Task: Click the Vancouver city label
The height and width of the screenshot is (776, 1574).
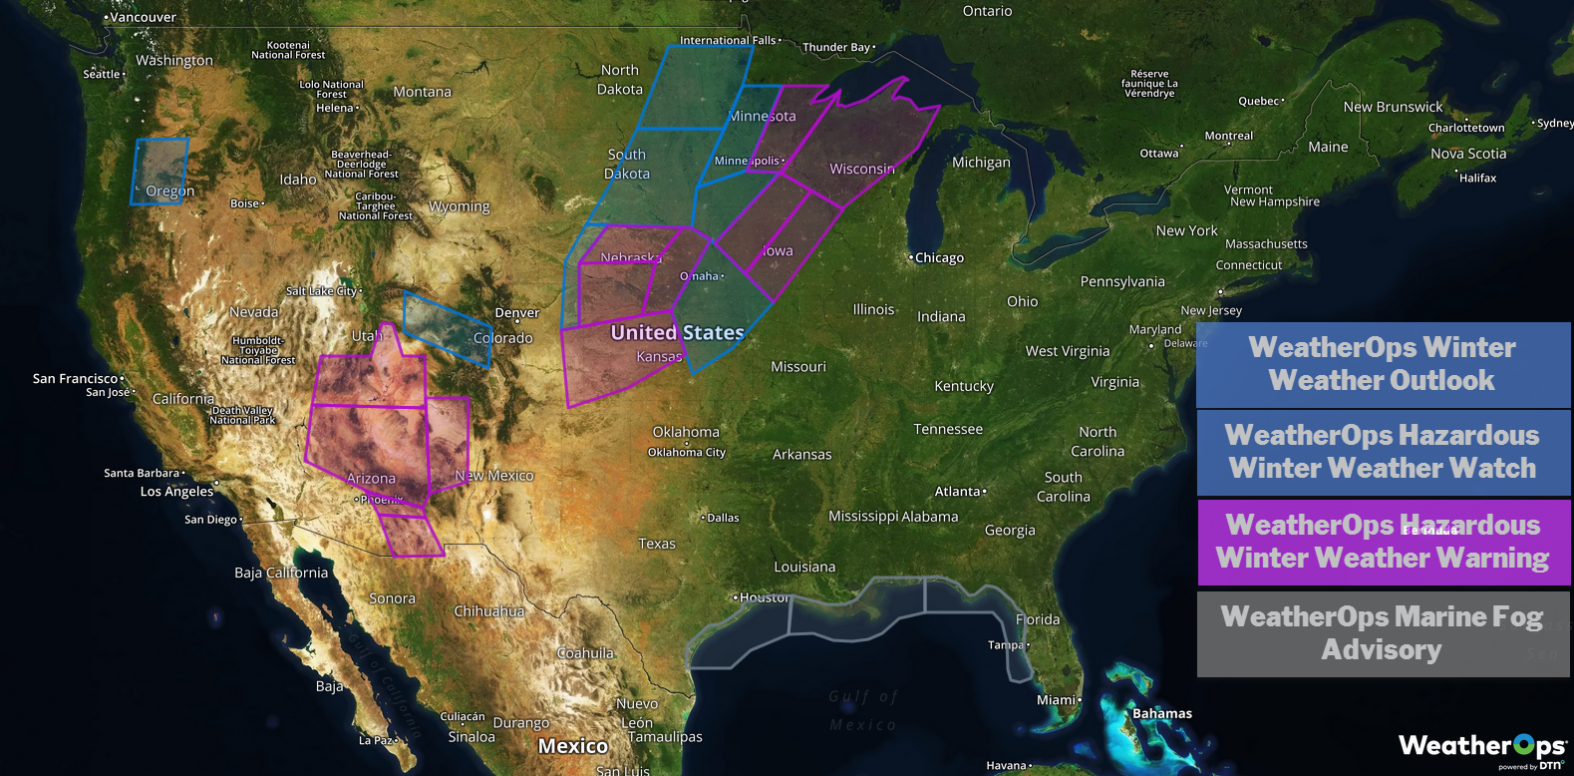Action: point(142,18)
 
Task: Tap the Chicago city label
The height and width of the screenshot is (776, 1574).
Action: point(938,258)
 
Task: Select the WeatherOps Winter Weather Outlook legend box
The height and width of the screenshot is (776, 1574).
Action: point(1383,364)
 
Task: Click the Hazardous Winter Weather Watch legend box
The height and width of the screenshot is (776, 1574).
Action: point(1383,452)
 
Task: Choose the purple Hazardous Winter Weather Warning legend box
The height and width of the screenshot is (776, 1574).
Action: point(1383,542)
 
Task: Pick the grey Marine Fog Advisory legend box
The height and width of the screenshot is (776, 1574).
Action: point(1383,633)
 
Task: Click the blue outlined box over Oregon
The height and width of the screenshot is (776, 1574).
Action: point(159,172)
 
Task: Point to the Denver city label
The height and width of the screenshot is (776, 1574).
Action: point(516,313)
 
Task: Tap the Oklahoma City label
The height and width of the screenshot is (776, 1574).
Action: point(687,452)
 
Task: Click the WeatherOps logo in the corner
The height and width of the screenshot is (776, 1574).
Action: point(1481,748)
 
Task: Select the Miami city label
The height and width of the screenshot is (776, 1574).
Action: point(1057,700)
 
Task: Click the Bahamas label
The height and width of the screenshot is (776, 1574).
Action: point(1161,714)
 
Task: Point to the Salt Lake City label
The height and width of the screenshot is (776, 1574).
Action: point(322,291)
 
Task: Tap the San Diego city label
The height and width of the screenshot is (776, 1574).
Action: point(211,520)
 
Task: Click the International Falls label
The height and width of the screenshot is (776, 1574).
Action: point(728,41)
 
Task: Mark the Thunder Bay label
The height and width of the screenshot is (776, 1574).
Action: point(837,47)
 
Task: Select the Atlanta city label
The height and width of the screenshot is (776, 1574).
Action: point(959,492)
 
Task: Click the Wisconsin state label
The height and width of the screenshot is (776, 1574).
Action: point(862,170)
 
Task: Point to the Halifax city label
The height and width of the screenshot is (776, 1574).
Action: point(1476,179)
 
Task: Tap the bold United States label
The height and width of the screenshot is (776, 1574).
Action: point(677,333)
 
